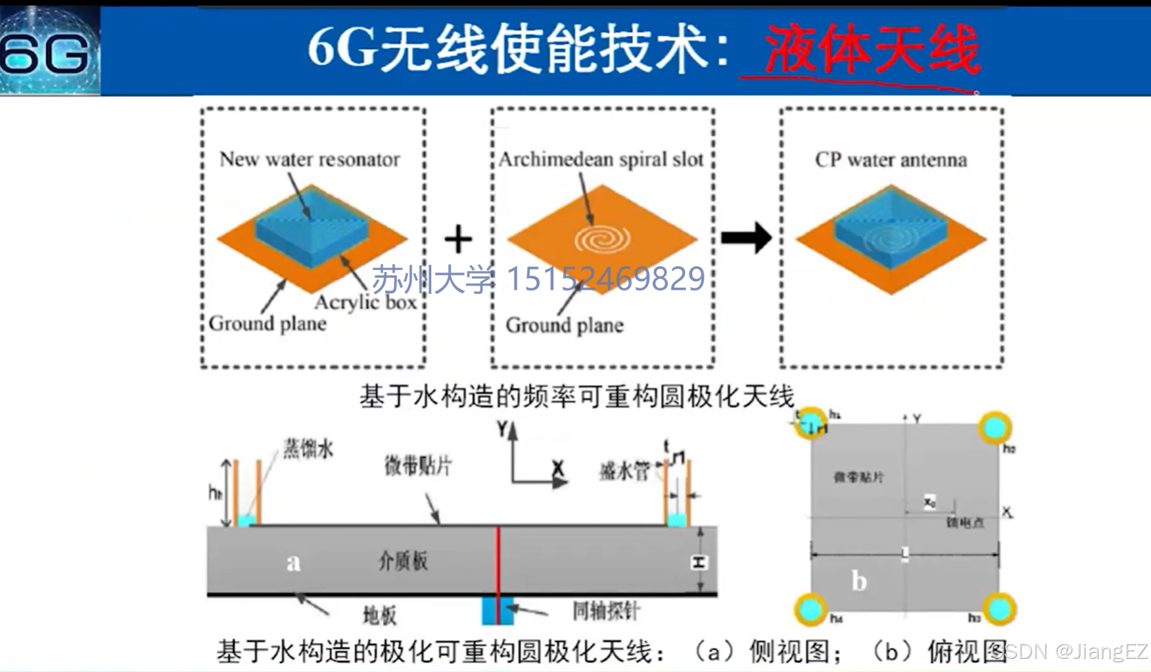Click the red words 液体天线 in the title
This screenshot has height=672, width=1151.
[872, 50]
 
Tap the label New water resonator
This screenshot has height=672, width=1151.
[310, 159]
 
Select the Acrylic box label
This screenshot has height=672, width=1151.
[366, 302]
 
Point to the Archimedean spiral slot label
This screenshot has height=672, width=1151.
[601, 159]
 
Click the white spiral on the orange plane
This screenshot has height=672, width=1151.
[602, 239]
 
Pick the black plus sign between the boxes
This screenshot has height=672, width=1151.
[458, 239]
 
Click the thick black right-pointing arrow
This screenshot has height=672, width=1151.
[747, 238]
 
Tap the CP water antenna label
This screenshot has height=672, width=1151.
[891, 160]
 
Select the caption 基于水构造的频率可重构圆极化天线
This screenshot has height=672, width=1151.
[577, 396]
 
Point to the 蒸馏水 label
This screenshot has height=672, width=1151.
[308, 449]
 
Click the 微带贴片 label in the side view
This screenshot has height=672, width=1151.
[418, 466]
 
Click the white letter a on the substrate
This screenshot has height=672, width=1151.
[293, 563]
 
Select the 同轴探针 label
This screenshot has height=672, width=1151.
[606, 611]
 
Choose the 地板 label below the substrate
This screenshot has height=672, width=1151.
[380, 615]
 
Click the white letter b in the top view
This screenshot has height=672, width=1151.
[859, 581]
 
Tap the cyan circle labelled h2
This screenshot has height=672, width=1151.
[994, 428]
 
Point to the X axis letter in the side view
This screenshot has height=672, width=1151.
[558, 468]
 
